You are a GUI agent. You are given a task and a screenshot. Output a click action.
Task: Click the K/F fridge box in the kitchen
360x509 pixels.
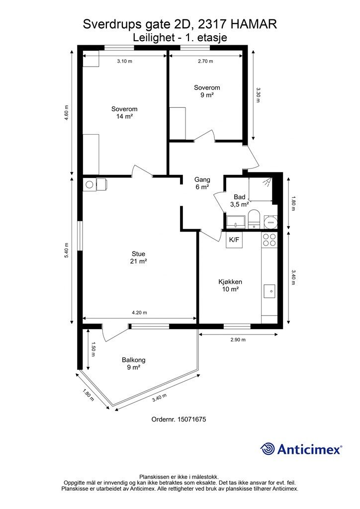coord(234,240)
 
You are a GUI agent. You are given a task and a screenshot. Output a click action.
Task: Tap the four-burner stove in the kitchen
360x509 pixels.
coord(270,240)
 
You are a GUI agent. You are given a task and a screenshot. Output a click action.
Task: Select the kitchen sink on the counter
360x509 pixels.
coord(270,291)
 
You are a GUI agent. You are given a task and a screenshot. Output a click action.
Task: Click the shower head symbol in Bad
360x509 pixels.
coord(267,182)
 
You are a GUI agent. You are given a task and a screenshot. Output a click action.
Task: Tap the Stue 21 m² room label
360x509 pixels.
coord(139,257)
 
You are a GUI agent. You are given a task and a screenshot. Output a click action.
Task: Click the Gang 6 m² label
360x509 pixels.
coord(202,183)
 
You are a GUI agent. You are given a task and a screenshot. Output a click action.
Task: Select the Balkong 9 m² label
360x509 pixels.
coord(134,363)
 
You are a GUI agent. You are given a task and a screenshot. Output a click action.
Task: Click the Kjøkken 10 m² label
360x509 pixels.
coord(230,285)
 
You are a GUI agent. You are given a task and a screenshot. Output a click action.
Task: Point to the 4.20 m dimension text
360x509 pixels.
coord(139,313)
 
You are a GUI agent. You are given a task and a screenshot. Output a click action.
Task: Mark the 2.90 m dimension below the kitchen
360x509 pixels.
coord(238,340)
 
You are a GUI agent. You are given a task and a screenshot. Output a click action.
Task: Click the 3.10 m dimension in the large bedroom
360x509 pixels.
coord(125,61)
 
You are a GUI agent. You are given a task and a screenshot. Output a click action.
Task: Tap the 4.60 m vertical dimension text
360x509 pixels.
coord(67,113)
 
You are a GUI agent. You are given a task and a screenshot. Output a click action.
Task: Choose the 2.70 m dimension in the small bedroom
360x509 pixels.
coord(205,61)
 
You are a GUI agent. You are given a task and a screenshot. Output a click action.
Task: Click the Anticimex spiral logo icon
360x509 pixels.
coord(267,449)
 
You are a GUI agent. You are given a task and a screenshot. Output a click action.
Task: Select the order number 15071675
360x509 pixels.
coord(192,419)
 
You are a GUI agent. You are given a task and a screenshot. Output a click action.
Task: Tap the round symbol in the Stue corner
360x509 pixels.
coord(89,185)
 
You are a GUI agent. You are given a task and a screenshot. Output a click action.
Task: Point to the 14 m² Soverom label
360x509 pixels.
coord(124,113)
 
